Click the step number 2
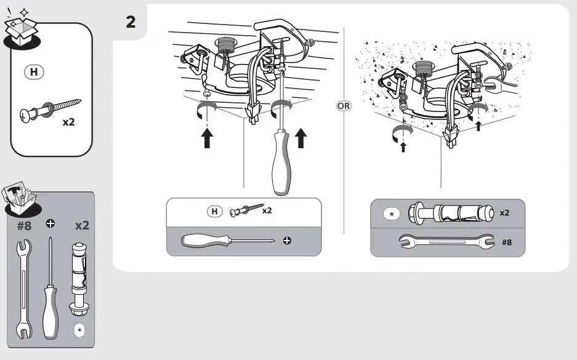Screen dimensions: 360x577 (x=130, y=22)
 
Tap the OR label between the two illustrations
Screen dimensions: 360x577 (x=343, y=105)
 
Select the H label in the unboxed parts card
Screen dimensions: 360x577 (x=34, y=72)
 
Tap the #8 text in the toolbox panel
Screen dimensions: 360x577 (x=23, y=225)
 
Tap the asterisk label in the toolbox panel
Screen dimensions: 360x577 (x=79, y=330)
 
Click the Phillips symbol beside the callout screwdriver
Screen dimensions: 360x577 (x=286, y=240)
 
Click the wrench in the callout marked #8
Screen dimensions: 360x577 (x=446, y=242)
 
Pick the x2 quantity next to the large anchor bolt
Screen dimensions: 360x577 (x=504, y=212)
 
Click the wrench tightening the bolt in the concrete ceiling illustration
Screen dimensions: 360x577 (x=502, y=86)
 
